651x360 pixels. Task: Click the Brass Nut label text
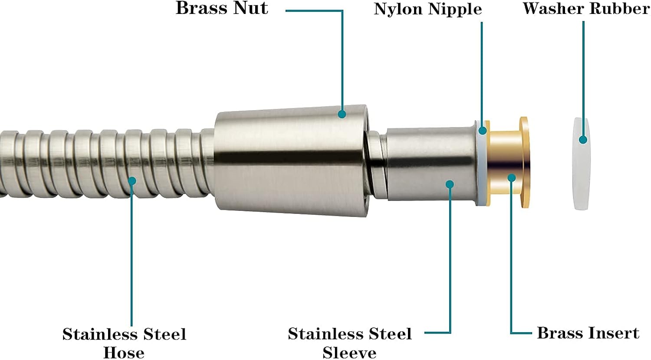click(222, 9)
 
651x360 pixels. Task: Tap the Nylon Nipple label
click(427, 10)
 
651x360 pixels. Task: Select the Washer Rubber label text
click(586, 9)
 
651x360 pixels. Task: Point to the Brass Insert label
click(588, 333)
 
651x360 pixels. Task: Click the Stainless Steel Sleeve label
click(349, 343)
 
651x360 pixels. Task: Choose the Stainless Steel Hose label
click(124, 343)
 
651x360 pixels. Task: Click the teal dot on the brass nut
click(342, 114)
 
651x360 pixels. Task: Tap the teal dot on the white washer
click(583, 140)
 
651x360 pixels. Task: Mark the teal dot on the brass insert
click(512, 177)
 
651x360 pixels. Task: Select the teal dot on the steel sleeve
click(450, 184)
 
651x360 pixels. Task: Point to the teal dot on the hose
click(132, 180)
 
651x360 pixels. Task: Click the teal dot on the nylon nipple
click(483, 130)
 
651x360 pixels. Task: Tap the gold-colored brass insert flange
click(524, 163)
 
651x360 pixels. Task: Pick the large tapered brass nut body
click(291, 160)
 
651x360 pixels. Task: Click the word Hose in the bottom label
click(124, 352)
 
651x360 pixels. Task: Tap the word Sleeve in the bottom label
click(349, 352)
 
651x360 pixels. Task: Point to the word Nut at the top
click(251, 9)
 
